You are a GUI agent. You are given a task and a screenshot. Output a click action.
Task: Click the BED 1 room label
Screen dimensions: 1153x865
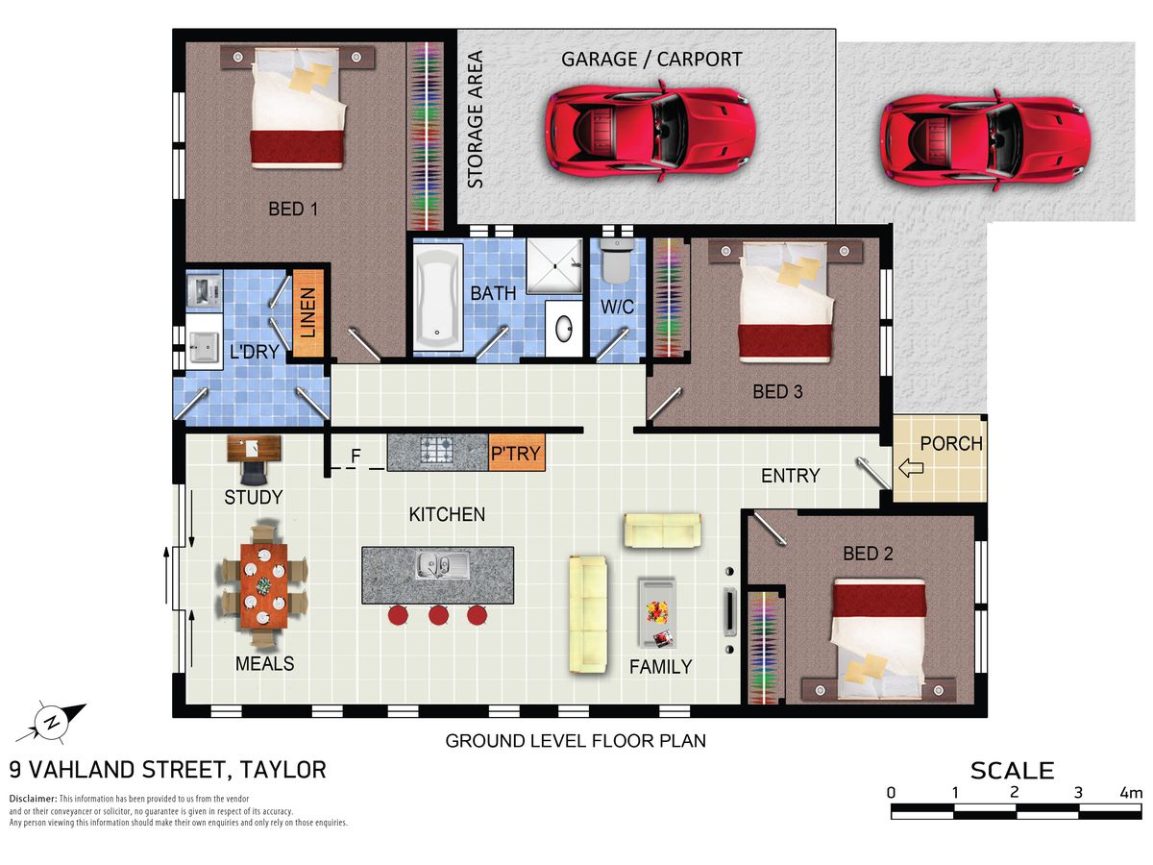pyautogui.click(x=293, y=209)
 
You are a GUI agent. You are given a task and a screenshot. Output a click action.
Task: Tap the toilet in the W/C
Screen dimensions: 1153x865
pyautogui.click(x=616, y=261)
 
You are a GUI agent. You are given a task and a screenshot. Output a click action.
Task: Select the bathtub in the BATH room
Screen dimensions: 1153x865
pyautogui.click(x=437, y=297)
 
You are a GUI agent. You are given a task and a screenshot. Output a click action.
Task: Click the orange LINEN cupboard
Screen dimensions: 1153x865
pyautogui.click(x=307, y=313)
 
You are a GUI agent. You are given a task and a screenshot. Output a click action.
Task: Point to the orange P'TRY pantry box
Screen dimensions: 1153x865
pyautogui.click(x=516, y=452)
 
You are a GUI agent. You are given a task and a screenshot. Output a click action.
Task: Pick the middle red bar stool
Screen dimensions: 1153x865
pyautogui.click(x=438, y=614)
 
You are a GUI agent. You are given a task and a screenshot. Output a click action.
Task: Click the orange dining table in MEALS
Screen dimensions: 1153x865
pyautogui.click(x=263, y=586)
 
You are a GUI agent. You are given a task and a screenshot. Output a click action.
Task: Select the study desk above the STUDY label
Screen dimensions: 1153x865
pyautogui.click(x=254, y=449)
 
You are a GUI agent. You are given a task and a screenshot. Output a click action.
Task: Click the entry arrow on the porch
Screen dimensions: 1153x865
pyautogui.click(x=911, y=467)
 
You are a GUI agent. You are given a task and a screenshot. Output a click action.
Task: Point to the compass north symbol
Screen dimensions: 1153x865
pyautogui.click(x=51, y=723)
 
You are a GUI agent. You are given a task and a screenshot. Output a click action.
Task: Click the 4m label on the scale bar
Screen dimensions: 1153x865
pyautogui.click(x=1131, y=793)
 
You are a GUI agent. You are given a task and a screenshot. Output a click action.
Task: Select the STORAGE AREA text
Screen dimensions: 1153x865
pyautogui.click(x=476, y=119)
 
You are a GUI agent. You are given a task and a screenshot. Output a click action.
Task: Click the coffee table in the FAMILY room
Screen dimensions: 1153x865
pyautogui.click(x=657, y=613)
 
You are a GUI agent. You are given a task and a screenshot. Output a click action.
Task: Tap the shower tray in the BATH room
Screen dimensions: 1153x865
pyautogui.click(x=554, y=266)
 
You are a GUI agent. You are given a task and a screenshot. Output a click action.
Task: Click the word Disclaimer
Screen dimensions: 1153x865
pyautogui.click(x=33, y=799)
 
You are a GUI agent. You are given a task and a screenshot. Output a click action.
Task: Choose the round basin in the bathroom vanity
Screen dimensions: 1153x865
pyautogui.click(x=564, y=329)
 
